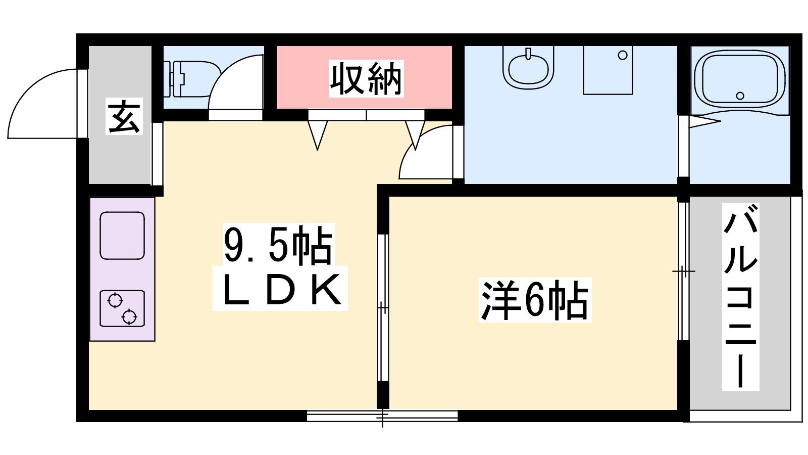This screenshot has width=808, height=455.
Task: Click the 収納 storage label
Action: pyautogui.click(x=366, y=78)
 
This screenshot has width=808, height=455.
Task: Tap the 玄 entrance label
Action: pyautogui.click(x=124, y=116)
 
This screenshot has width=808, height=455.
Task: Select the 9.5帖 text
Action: pyautogui.click(x=278, y=245)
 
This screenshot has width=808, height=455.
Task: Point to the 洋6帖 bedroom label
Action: pyautogui.click(x=535, y=300)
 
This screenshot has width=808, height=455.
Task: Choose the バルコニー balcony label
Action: pyautogui.click(x=740, y=296)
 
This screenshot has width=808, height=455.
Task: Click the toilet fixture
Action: pyautogui.click(x=192, y=79)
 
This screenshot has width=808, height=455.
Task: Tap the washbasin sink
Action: pyautogui.click(x=528, y=68)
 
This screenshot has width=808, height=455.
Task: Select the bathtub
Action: pyautogui.click(x=739, y=79)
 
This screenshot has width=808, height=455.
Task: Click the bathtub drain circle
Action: pyautogui.click(x=740, y=96)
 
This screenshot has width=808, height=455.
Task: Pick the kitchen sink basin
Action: pyautogui.click(x=122, y=236)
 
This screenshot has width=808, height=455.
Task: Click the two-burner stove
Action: pyautogui.click(x=122, y=308)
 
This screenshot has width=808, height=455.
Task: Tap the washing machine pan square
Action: pyautogui.click(x=608, y=70)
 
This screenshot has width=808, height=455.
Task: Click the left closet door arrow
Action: pyautogui.click(x=318, y=135)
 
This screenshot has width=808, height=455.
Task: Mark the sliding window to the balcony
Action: pyautogui.click(x=683, y=271)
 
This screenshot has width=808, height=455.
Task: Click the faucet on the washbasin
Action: pyautogui.click(x=528, y=54)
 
